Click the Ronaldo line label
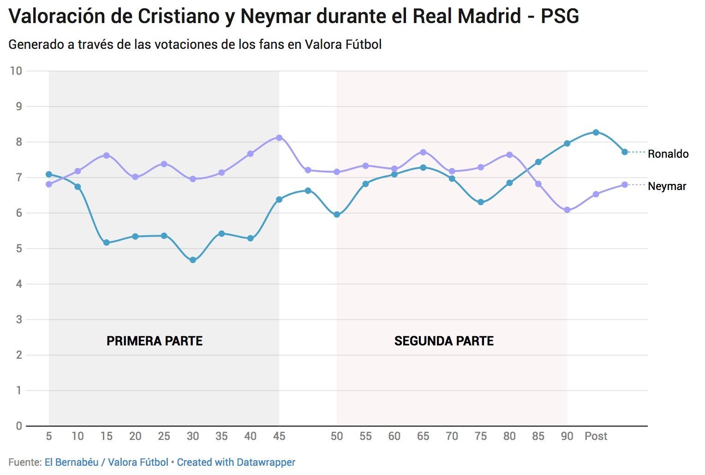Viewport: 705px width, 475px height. pos(668,154)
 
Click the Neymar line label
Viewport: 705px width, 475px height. pos(667,186)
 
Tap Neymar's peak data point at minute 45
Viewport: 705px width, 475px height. pos(279,137)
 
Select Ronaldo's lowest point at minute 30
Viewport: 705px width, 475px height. pos(193,260)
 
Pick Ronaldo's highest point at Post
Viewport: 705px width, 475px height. pos(596,132)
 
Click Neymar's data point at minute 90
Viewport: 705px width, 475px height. pos(567,210)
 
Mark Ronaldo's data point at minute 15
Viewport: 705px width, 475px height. pos(107,243)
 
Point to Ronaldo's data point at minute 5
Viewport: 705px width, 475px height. pos(49,174)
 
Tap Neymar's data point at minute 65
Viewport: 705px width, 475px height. pos(423,152)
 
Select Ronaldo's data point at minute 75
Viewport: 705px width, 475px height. pos(481,202)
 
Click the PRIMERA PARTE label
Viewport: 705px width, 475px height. pos(155,341)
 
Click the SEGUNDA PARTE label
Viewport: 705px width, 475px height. pos(444,341)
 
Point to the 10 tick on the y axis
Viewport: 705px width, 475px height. pos(16,71)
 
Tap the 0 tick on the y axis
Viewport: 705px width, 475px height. pos(19,426)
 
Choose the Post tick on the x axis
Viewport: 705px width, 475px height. pos(596,436)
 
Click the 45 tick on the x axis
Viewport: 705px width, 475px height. pos(279,436)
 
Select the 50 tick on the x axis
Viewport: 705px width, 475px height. pos(337,436)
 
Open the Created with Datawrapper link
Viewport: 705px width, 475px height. pos(236,462)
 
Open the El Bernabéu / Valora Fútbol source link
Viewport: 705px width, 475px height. pos(106,462)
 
